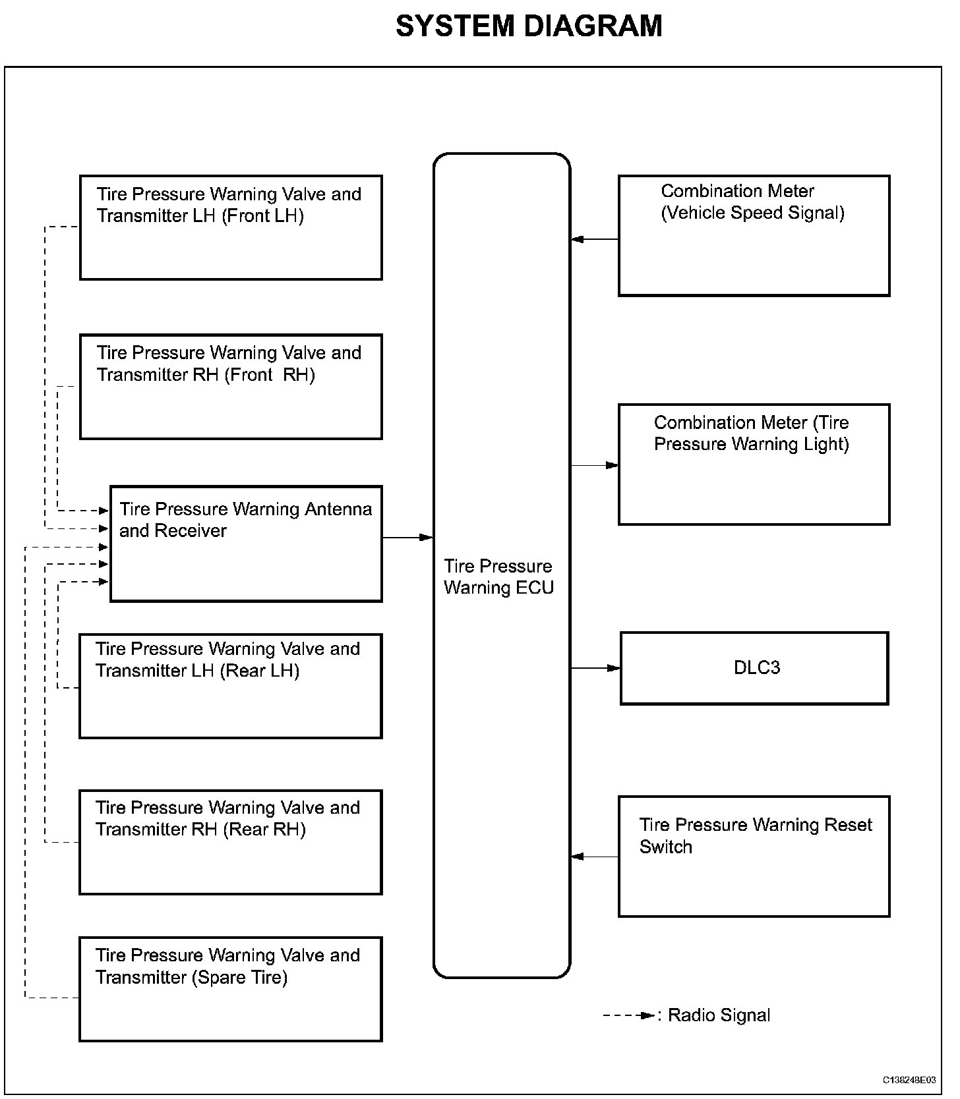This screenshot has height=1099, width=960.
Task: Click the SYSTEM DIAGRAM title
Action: (529, 27)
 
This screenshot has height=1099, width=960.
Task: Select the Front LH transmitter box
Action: (231, 227)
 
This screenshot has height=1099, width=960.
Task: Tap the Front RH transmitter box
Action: (231, 386)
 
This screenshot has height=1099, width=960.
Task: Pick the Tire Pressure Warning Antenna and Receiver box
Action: (246, 544)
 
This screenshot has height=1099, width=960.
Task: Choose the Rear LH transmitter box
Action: (231, 686)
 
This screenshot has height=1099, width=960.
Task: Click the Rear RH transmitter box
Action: (231, 842)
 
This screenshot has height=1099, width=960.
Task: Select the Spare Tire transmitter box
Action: (231, 989)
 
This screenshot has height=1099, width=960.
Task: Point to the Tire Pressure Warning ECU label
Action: (498, 577)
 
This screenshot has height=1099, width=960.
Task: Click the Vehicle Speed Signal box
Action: (754, 235)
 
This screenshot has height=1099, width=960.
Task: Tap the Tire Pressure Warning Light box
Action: (754, 464)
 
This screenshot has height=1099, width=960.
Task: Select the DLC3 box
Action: (754, 668)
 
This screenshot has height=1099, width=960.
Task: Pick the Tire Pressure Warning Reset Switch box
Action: (754, 856)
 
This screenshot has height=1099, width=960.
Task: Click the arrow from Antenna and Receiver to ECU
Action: (407, 538)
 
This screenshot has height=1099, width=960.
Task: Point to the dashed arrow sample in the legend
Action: (629, 1015)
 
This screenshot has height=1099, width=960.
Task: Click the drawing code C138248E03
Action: (909, 1080)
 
